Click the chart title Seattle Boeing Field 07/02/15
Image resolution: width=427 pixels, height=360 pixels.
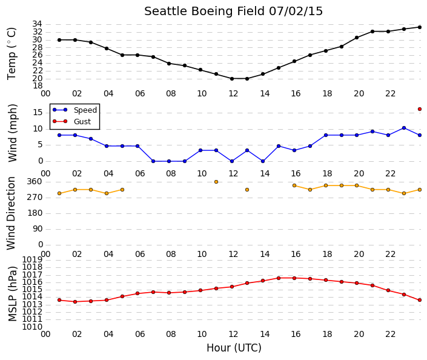233,12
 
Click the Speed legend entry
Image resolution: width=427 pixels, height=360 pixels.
74,110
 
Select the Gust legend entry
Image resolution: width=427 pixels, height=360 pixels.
71,122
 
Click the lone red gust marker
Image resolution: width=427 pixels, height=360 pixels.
420,109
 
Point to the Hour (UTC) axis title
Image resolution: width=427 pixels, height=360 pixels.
234,348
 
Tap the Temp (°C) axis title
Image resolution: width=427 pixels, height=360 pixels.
12,54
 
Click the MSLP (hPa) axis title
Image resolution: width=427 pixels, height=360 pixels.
13,294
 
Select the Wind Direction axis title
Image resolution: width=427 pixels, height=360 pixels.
11,213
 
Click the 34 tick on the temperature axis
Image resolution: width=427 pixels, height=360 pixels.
38,24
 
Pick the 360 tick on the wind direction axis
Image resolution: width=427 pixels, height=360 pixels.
35,181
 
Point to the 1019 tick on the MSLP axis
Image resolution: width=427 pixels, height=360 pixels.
33,259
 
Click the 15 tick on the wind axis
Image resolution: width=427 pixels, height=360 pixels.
38,112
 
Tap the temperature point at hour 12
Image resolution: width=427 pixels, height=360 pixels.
232,79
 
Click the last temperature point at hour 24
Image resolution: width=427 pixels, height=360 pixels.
420,27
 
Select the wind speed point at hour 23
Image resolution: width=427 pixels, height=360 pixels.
404,128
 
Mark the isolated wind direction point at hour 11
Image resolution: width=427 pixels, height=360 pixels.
216,182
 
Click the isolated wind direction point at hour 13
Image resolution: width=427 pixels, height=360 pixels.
247,190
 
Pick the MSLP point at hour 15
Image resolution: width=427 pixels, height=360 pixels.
279,278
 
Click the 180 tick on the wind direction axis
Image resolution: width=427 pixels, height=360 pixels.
35,213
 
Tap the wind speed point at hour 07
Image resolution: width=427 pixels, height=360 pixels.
153,161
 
